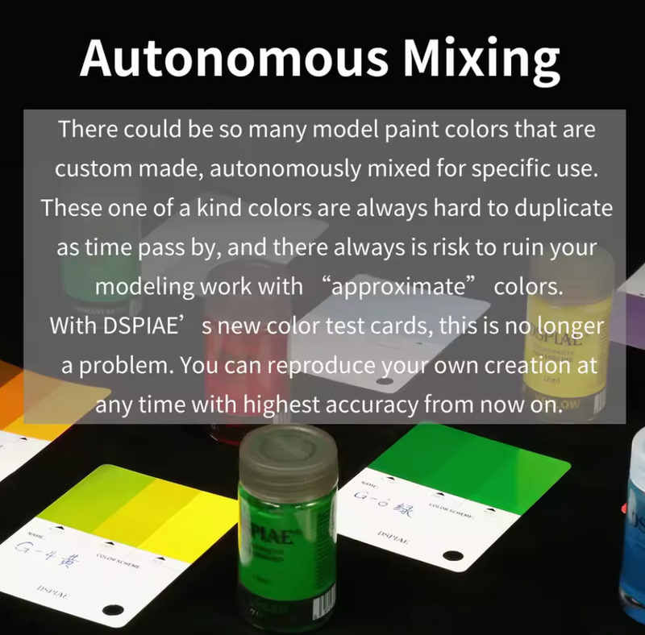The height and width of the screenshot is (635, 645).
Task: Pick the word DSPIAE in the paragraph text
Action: click(133, 326)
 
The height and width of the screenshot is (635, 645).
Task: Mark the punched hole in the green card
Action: click(452, 556)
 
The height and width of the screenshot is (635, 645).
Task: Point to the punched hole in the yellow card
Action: click(110, 610)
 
